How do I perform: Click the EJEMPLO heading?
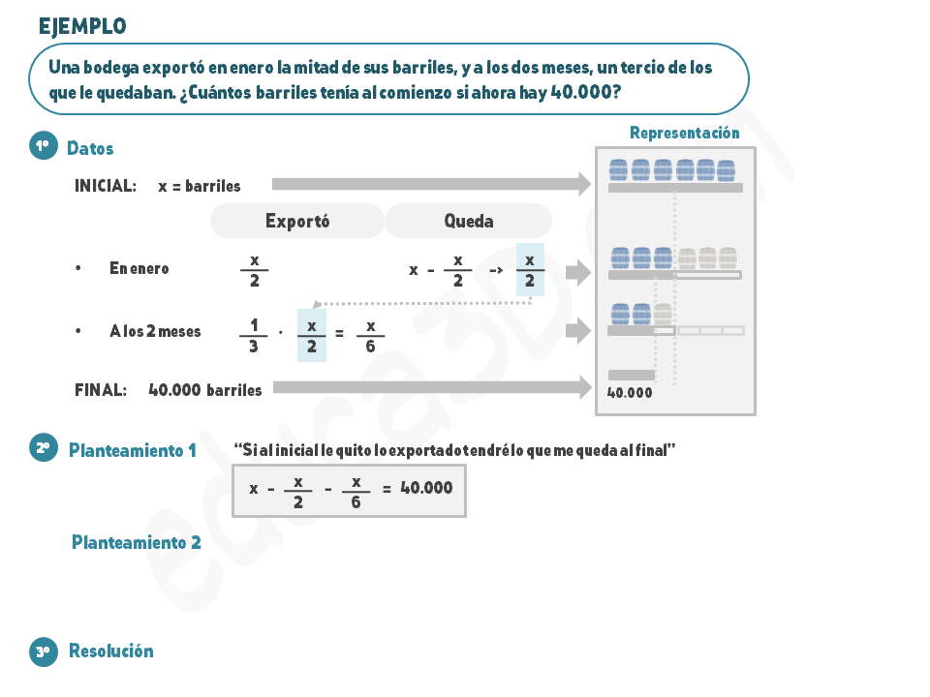click(82, 27)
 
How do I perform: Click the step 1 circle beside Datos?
click(44, 146)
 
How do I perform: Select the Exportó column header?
click(297, 221)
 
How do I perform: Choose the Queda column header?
click(469, 221)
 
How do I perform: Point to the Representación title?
click(685, 133)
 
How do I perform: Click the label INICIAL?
click(106, 186)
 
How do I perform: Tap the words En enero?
click(139, 268)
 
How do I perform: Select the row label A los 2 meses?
click(155, 331)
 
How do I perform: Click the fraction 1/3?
click(253, 336)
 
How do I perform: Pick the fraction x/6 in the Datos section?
click(370, 337)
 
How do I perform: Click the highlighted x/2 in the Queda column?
click(530, 270)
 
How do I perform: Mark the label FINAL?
click(101, 390)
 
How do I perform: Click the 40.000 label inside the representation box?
click(630, 392)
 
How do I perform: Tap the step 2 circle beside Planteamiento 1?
click(44, 448)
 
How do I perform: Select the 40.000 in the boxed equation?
click(426, 488)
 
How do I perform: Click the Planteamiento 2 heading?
click(137, 542)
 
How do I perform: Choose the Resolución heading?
click(110, 651)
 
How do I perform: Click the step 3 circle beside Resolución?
click(44, 652)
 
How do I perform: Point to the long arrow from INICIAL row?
click(431, 184)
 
